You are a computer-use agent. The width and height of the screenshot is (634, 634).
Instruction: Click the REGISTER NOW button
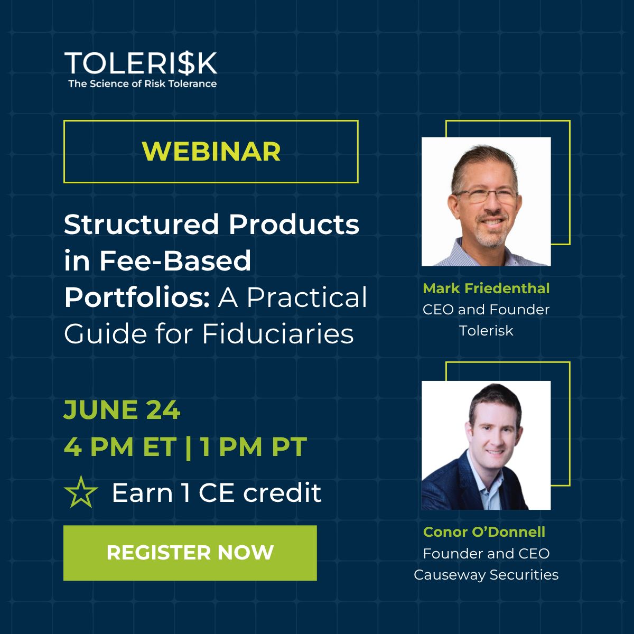pyautogui.click(x=190, y=553)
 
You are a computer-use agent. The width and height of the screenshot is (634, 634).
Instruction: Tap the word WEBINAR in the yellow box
pyautogui.click(x=211, y=151)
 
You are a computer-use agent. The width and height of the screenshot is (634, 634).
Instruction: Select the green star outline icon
pyautogui.click(x=81, y=492)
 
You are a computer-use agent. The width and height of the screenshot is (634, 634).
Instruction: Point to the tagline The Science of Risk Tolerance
pyautogui.click(x=143, y=83)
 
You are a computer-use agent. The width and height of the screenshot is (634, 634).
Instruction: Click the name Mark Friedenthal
pyautogui.click(x=486, y=288)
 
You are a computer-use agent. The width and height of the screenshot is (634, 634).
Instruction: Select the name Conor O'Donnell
pyautogui.click(x=484, y=532)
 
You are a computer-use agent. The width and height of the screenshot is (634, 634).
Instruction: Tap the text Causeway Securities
pyautogui.click(x=486, y=575)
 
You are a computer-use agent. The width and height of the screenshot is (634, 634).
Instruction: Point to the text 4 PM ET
pyautogui.click(x=120, y=446)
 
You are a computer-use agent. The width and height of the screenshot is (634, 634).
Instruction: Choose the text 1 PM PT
pyautogui.click(x=254, y=446)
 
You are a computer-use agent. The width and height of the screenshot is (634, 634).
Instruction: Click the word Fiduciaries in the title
pyautogui.click(x=278, y=333)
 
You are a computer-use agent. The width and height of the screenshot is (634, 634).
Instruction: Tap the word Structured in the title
pyautogui.click(x=142, y=224)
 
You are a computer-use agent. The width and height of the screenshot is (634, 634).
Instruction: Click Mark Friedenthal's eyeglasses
pyautogui.click(x=487, y=196)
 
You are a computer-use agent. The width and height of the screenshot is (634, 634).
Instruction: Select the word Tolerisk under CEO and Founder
pyautogui.click(x=486, y=331)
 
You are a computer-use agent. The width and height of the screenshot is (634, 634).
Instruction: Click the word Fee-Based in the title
pyautogui.click(x=175, y=260)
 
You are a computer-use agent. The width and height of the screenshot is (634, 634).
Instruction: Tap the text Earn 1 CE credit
pyautogui.click(x=217, y=492)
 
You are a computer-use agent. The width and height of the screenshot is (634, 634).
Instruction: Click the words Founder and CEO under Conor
pyautogui.click(x=486, y=553)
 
